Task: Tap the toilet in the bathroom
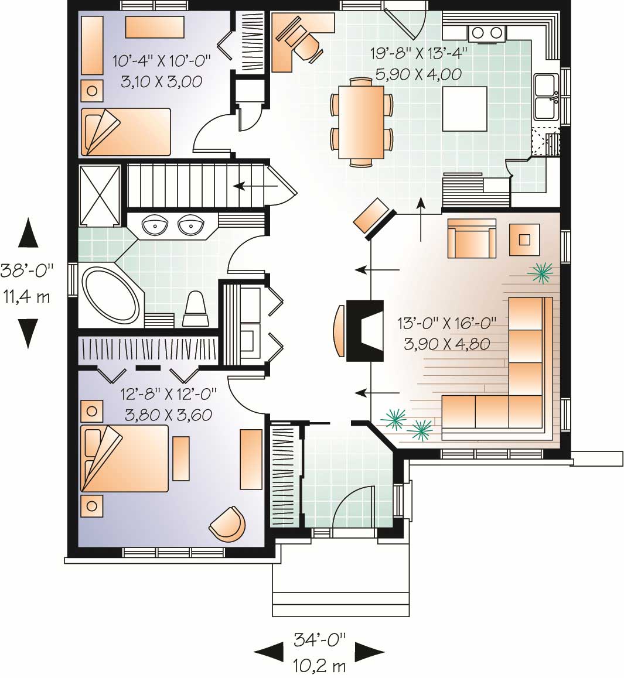click(195, 310)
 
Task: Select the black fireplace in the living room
click(364, 331)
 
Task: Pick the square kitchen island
click(465, 109)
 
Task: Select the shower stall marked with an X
click(100, 196)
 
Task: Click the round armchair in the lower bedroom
click(229, 523)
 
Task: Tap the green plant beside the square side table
click(542, 272)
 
